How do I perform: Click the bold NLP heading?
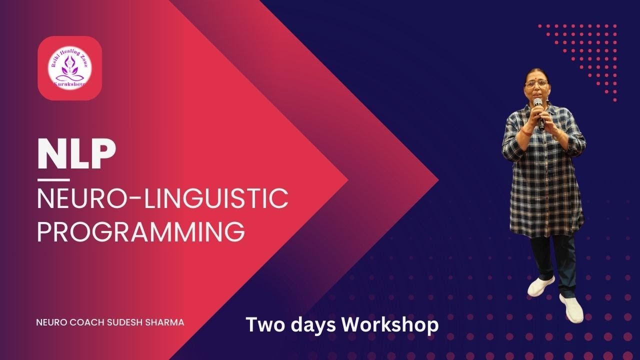[x=76, y=154]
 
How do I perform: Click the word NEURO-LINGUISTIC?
[x=162, y=198]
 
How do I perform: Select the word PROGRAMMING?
[x=141, y=231]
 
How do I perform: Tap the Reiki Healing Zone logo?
[x=70, y=68]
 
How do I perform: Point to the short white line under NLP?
[x=53, y=179]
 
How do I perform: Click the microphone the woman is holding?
[x=538, y=110]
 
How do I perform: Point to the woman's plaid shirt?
[x=545, y=175]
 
